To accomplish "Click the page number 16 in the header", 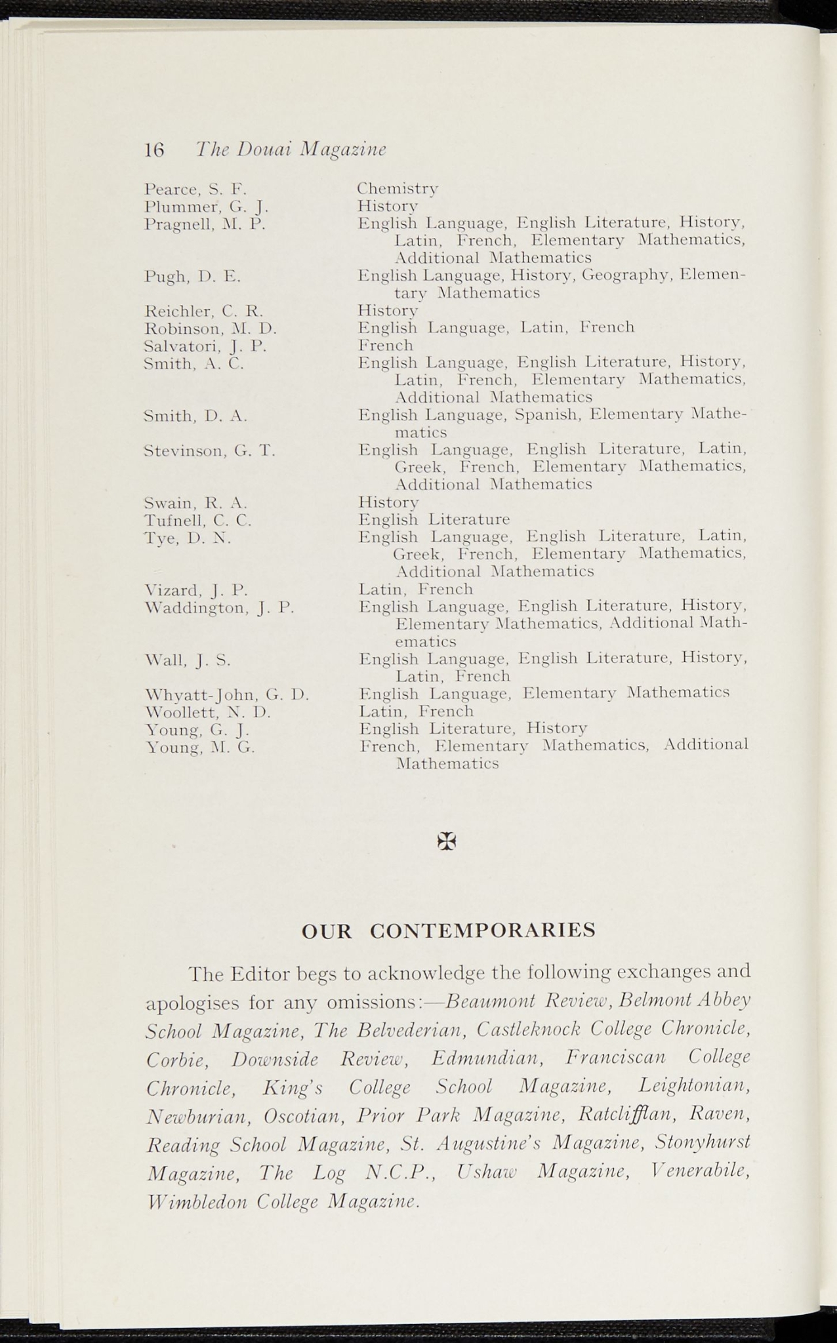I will point(154,150).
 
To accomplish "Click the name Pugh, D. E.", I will point(192,276).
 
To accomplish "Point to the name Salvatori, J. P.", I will point(205,346).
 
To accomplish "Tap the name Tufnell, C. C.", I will point(197,521).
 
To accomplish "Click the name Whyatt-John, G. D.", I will point(226,694).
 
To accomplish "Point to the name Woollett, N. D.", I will point(207,712).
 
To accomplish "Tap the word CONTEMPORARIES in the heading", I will point(483,930).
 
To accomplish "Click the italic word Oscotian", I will point(304,1115).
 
